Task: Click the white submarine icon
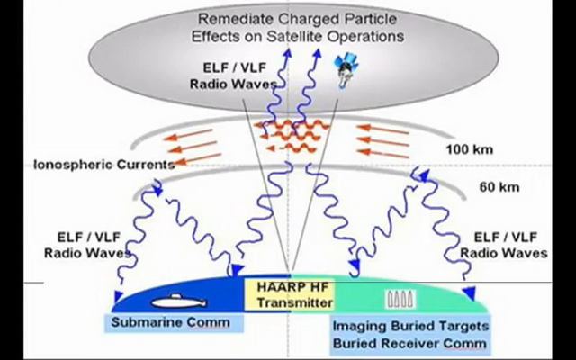[179, 301]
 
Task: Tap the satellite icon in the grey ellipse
[346, 70]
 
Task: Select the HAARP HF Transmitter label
[292, 294]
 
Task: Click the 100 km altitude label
[469, 150]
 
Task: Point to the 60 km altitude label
[499, 187]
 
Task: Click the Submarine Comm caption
[170, 322]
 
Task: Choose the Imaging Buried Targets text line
[410, 326]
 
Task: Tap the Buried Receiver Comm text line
[409, 343]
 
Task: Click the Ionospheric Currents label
[104, 165]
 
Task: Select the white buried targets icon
[401, 299]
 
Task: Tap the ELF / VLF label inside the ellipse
[234, 67]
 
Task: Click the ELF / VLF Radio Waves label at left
[88, 245]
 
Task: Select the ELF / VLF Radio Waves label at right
[504, 245]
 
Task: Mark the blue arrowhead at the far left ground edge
[118, 296]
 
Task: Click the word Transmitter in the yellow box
[294, 302]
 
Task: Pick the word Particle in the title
[368, 19]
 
